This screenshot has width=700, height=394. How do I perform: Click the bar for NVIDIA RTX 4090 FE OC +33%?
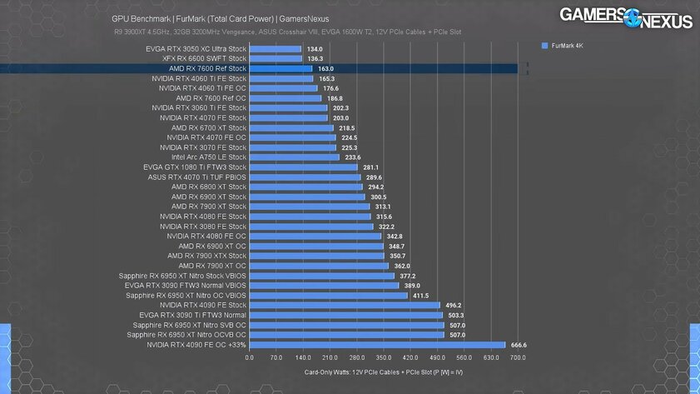point(377,344)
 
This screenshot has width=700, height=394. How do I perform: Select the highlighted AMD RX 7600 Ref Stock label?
point(207,68)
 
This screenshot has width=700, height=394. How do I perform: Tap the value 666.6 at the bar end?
point(518,344)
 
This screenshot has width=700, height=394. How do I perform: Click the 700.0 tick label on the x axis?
point(518,357)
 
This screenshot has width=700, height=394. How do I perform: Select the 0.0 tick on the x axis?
point(250,357)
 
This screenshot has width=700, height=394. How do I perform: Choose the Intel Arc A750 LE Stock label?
point(209,157)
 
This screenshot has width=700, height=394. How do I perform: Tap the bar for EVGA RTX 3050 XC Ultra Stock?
point(275,49)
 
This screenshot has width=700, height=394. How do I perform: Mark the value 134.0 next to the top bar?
point(314,49)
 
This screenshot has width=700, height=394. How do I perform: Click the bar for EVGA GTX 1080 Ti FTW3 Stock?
point(303,167)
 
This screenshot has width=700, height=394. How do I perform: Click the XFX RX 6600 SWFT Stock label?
point(204,58)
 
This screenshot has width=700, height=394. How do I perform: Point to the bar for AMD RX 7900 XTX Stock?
point(316,256)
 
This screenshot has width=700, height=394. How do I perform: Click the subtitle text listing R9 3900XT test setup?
point(288,32)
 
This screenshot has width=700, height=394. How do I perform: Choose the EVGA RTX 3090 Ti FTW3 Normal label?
point(193,315)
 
